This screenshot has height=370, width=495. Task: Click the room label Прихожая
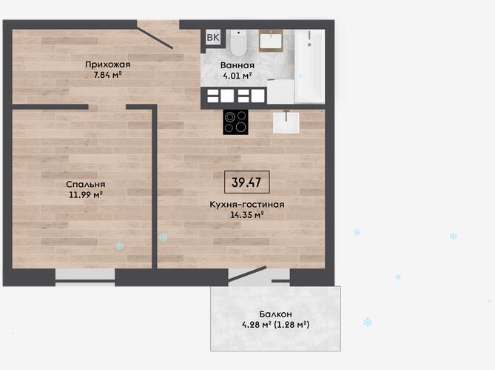[107, 65]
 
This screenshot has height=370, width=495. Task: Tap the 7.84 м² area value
[107, 75]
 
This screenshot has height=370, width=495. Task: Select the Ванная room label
[238, 65]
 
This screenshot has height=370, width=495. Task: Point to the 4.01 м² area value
[238, 76]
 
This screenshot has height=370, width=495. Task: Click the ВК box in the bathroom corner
[213, 37]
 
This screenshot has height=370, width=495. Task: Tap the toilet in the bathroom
[238, 42]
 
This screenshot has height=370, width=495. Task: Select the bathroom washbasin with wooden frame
[271, 41]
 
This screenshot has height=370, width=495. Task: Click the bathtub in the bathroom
[310, 67]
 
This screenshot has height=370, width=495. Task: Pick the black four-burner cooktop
[235, 122]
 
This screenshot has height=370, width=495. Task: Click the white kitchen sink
[286, 122]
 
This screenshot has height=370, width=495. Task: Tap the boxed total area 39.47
[247, 182]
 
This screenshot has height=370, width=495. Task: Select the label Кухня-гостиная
[247, 205]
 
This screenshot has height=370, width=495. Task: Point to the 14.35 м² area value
[247, 215]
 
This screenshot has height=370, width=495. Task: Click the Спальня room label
[86, 185]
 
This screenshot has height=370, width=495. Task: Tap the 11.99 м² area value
[86, 194]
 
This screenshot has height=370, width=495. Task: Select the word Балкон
[275, 314]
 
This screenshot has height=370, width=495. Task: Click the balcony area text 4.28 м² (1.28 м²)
[275, 325]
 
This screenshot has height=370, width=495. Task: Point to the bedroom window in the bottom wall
[85, 277]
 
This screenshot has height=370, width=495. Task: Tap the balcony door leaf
[247, 274]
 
